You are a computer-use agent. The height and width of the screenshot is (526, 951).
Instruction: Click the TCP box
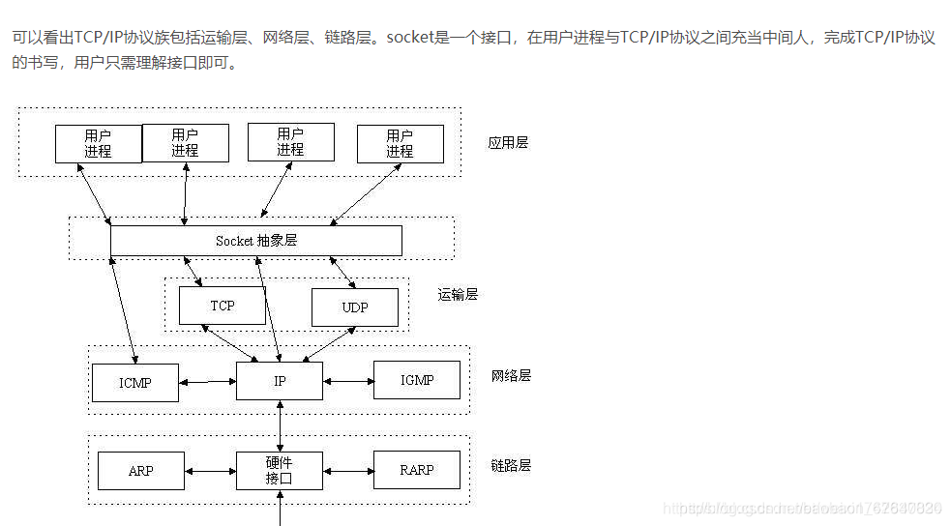222,306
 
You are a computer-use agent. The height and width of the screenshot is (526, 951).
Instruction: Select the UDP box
354,307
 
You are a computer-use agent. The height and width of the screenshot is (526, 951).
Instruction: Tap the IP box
280,381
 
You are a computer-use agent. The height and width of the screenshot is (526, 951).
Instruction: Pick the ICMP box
135,383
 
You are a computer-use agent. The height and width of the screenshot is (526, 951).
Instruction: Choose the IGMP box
417,380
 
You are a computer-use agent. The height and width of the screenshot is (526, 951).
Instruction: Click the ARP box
141,471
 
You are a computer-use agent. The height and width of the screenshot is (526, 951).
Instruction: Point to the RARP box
417,471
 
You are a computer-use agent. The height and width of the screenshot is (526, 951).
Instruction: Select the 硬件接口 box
280,471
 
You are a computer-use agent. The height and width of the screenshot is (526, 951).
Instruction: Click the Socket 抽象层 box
256,241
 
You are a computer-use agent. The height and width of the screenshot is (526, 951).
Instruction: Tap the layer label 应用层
508,143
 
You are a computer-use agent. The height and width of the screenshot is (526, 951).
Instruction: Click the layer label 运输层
458,295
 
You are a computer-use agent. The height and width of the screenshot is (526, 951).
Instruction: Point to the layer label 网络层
511,375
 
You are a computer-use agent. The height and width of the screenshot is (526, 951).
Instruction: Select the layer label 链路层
511,465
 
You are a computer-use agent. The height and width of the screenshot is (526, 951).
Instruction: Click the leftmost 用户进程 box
98,144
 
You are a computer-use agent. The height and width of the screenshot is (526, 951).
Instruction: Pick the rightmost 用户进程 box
400,144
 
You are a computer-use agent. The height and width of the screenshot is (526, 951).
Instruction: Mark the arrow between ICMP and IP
208,382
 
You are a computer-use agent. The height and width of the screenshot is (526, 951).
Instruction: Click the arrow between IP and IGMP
348,380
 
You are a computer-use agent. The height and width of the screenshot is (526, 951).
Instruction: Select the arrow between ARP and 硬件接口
210,471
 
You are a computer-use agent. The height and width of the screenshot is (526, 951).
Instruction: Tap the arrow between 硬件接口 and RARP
348,471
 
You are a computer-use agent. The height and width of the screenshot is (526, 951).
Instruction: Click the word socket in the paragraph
410,39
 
